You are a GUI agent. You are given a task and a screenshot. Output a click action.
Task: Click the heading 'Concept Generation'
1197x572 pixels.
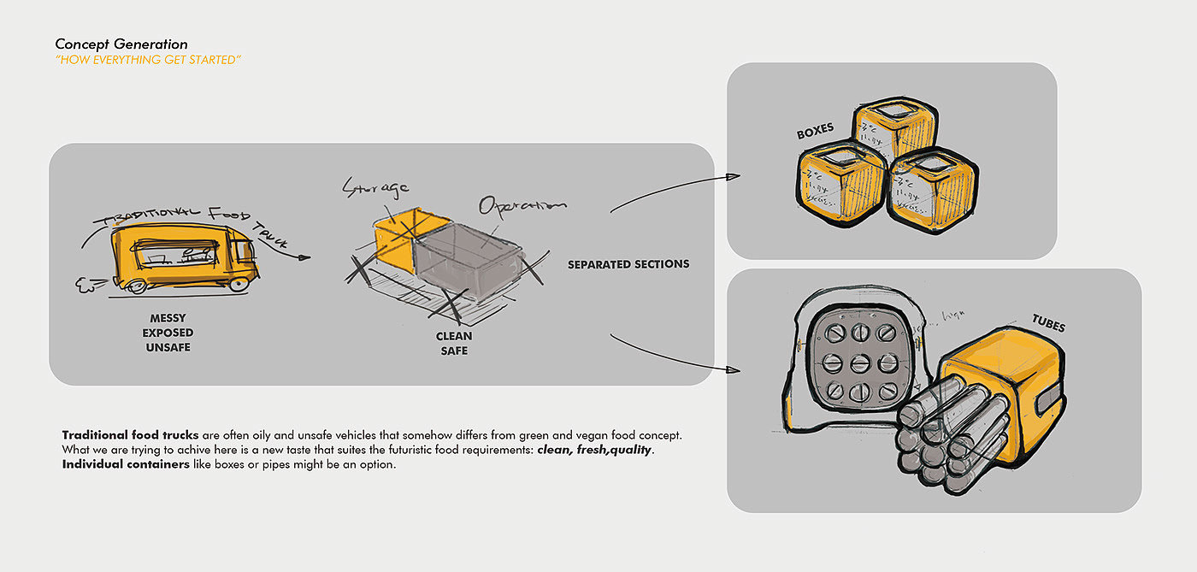coord(121,44)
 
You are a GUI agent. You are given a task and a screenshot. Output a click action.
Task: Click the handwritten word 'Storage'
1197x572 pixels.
coord(375,186)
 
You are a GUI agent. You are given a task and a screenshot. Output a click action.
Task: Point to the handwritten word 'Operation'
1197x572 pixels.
coord(522,205)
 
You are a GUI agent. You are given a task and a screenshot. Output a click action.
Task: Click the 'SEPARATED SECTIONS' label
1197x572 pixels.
coord(628,264)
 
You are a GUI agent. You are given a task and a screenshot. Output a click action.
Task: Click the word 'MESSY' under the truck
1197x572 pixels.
coord(168,318)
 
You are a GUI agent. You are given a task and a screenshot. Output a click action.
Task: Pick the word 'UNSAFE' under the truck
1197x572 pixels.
coord(168,347)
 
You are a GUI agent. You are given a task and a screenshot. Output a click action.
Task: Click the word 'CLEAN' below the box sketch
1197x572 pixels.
coord(454,337)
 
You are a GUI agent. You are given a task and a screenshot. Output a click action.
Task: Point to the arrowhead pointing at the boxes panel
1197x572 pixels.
coord(733,177)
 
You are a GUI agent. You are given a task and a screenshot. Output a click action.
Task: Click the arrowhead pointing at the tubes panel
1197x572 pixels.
coord(733,370)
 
